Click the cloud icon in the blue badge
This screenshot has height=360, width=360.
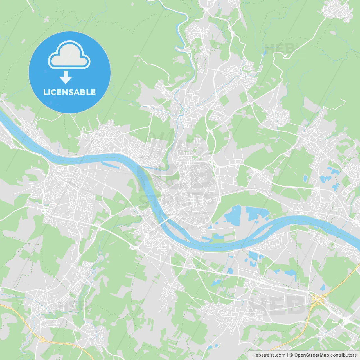pyautogui.click(x=69, y=55)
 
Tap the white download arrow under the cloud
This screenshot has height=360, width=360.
pyautogui.click(x=66, y=77)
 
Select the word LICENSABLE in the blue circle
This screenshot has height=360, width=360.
pyautogui.click(x=69, y=92)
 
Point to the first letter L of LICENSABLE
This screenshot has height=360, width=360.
pyautogui.click(x=45, y=92)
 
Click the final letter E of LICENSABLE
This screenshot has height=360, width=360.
pyautogui.click(x=93, y=92)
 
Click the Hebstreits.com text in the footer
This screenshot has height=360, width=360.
pyautogui.click(x=269, y=355)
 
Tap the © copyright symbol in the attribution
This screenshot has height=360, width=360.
pyautogui.click(x=291, y=355)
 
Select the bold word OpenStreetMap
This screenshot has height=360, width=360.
pyautogui.click(x=312, y=355)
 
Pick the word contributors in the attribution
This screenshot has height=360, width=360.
pyautogui.click(x=343, y=355)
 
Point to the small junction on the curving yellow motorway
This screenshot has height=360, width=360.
pyautogui.click(x=42, y=339)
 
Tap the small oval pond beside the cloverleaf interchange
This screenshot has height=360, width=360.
pyautogui.click(x=323, y=287)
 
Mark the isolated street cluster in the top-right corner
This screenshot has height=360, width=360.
pyautogui.click(x=337, y=11)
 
